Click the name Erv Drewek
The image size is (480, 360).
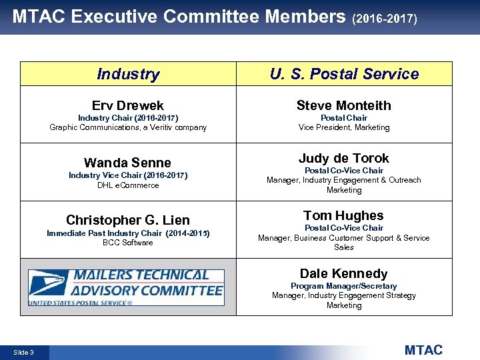pos(128,105)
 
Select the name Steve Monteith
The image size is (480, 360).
pos(344,105)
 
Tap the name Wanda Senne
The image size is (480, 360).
pos(128,163)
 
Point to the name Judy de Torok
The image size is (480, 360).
pos(344,158)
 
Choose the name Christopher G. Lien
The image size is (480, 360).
pos(128,220)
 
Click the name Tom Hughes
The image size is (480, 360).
pos(344,215)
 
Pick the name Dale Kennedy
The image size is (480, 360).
pos(344,273)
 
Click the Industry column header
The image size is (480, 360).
pos(128,74)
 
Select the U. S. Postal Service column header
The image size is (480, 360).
pos(344,74)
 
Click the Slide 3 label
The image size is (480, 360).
pos(23,352)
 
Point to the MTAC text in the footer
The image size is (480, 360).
pos(423,350)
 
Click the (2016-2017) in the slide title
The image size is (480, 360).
pos(385,19)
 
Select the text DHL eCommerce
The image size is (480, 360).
pos(128,185)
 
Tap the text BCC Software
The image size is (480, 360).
pos(128,243)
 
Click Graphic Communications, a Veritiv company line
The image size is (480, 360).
pos(128,127)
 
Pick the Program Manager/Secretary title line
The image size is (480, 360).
pos(344,286)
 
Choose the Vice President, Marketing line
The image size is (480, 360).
pos(344,127)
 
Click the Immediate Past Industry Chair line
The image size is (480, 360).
pos(128,233)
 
